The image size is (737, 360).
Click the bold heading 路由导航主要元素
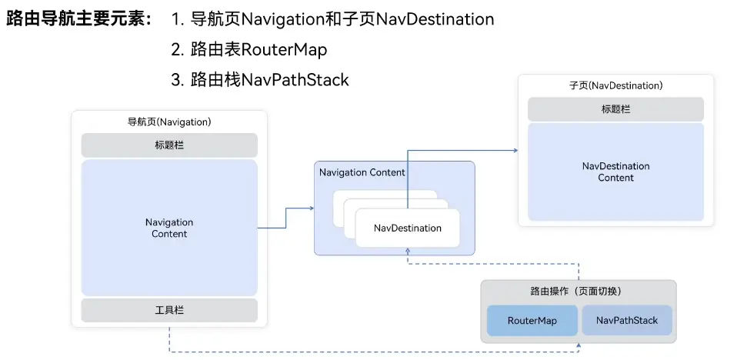79,19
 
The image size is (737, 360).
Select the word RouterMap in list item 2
284,50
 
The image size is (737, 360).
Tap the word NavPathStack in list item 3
295,79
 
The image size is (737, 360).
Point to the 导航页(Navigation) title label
169,122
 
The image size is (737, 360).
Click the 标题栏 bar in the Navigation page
169,145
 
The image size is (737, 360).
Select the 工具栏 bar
169,310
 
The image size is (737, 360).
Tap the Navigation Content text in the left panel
169,228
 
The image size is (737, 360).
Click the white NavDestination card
407,228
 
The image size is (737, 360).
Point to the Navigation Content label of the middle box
362,172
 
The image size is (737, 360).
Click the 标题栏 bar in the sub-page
615,109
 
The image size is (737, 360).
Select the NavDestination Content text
615,172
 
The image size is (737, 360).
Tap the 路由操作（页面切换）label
577,292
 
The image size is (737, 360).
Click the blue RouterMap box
532,320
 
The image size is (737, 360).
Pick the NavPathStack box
626,320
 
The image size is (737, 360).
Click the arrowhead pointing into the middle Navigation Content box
311,208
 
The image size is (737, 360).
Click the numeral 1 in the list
176,19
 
